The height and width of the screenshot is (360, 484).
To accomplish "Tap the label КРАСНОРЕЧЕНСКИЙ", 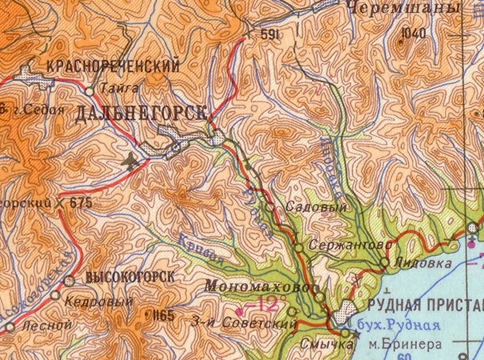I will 113,66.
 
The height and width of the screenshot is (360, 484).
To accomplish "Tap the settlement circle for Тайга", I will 89,91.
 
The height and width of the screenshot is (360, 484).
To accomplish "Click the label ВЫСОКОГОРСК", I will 129,278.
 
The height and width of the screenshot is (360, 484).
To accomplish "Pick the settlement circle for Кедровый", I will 55,295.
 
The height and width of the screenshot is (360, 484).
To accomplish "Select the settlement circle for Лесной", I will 9,328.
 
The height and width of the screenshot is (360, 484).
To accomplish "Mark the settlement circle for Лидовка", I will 385,262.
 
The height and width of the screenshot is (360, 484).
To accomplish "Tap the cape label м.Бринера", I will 404,344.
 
